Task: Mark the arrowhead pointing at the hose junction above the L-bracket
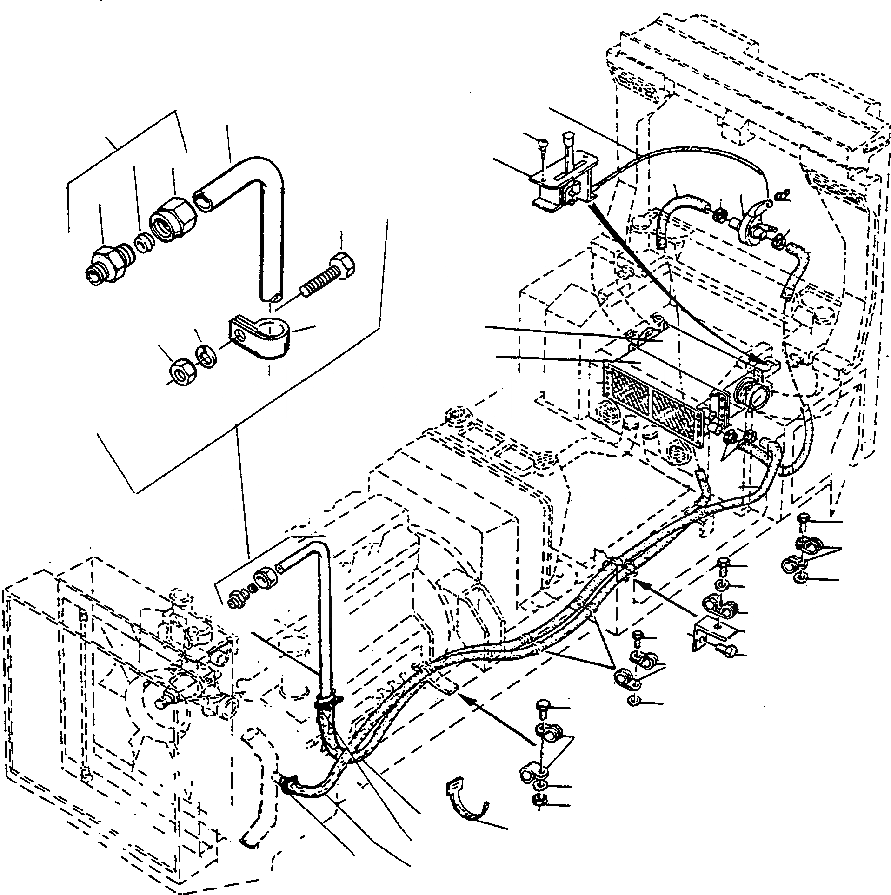point(642,583)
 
